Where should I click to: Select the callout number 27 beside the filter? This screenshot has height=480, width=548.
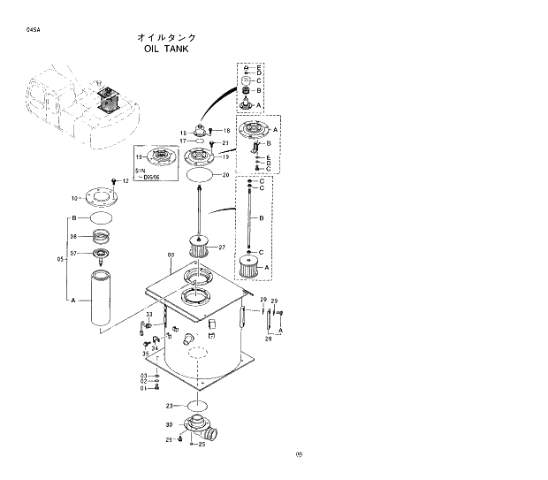coord(222,247)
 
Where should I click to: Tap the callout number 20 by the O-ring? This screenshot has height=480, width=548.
coord(225,175)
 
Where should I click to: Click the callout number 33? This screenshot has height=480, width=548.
coord(149,315)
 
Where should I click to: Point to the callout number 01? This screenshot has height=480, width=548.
coord(143,387)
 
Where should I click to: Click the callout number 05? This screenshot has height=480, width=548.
coord(60,259)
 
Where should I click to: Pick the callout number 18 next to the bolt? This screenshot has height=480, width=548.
coord(226,131)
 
